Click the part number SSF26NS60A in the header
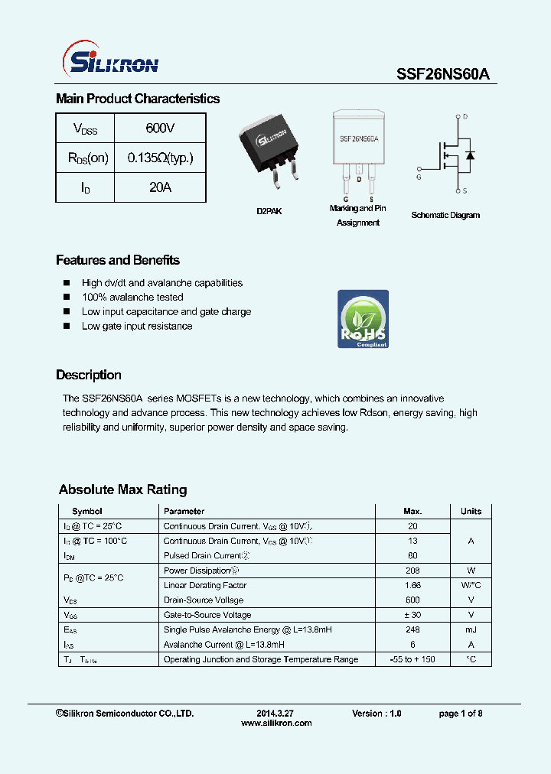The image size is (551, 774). click(x=442, y=74)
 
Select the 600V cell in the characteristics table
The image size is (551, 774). click(x=160, y=128)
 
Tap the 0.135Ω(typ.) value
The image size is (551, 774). click(x=160, y=158)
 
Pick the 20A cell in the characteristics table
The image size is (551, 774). click(x=160, y=187)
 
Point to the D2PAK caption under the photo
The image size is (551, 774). click(x=269, y=211)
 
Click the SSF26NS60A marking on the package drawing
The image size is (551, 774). click(x=358, y=140)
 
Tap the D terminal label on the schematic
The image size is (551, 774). click(x=465, y=117)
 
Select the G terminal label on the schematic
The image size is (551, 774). click(x=419, y=177)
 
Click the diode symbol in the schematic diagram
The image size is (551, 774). click(x=470, y=155)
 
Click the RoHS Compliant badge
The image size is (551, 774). click(x=363, y=319)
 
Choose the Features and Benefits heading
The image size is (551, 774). click(x=118, y=260)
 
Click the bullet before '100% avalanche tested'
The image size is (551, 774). click(x=66, y=298)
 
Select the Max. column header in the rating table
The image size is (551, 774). click(x=412, y=511)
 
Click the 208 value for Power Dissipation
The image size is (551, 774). click(x=412, y=571)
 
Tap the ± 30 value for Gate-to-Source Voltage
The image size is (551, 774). click(x=412, y=615)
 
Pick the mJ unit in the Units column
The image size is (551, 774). click(x=471, y=629)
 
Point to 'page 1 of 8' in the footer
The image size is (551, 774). click(x=460, y=713)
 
